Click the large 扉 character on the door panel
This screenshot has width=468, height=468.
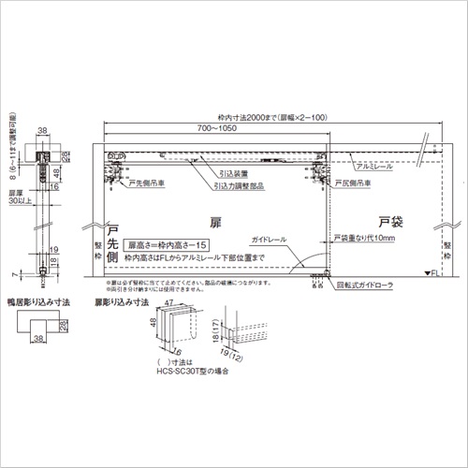(215, 225)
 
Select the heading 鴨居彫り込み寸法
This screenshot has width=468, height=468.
(48, 302)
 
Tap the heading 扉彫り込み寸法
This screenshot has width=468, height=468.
(121, 302)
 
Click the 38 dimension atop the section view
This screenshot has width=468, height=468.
(43, 130)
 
